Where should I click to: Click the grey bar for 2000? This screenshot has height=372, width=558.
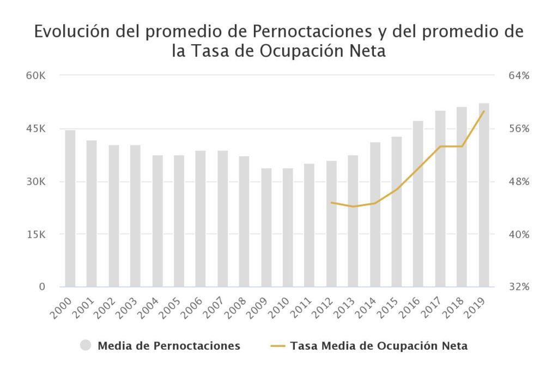70,209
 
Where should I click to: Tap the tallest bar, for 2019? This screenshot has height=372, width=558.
484,195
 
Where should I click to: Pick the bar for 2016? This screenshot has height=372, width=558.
418,204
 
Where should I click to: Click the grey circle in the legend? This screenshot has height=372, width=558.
86,346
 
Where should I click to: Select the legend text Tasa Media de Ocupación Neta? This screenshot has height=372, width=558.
379,346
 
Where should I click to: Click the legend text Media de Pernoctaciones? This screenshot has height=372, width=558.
169,346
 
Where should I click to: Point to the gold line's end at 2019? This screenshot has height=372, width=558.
484,111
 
